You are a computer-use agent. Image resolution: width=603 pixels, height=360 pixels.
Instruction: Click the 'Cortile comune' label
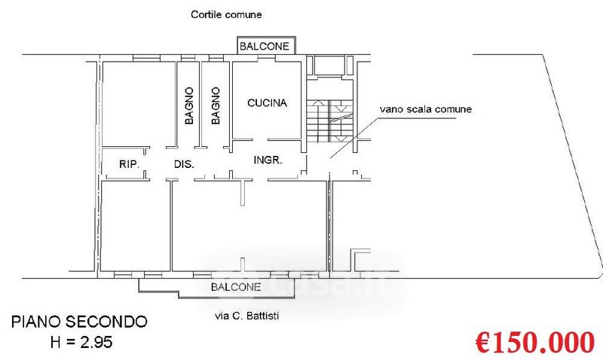226,14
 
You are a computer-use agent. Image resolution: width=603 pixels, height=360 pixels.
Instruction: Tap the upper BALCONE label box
264,47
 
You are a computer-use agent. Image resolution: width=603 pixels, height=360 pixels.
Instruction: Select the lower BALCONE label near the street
236,287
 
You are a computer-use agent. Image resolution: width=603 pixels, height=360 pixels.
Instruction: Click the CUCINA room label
267,103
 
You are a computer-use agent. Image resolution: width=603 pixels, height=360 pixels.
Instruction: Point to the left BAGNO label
188,105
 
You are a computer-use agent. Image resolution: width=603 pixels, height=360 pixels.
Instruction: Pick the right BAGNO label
216,105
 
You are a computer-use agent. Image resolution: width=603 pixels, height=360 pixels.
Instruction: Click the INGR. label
267,160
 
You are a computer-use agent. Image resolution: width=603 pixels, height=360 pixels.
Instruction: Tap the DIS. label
185,163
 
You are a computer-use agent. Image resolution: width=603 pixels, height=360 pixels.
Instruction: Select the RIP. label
132,163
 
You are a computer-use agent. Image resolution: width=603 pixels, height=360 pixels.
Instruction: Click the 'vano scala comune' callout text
426,109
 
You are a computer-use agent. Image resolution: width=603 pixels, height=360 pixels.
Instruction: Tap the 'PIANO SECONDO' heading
79,322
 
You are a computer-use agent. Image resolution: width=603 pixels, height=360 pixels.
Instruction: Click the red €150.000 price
534,343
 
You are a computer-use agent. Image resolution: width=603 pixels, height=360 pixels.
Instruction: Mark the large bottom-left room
136,226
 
